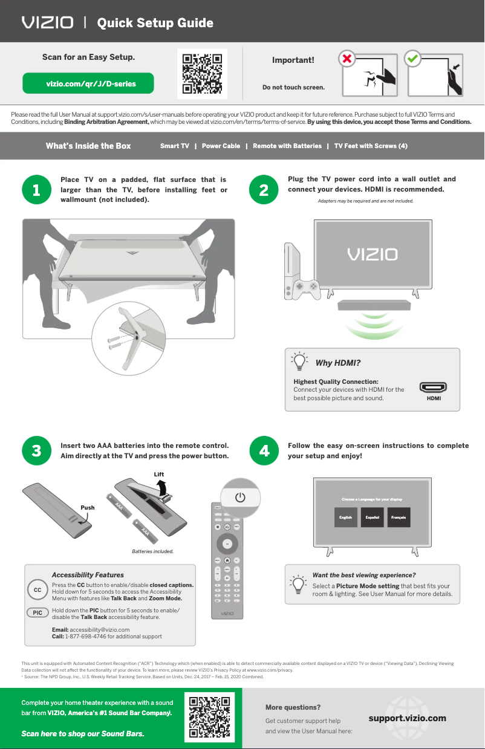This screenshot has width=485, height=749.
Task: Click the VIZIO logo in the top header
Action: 48,23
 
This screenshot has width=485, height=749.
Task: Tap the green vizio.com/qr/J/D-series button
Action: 88,83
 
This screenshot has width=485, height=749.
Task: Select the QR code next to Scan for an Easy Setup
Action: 202,74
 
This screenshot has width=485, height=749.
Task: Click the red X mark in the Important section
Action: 347,60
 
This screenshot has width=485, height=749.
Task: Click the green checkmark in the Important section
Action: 413,60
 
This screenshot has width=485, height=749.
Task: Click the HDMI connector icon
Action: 433,387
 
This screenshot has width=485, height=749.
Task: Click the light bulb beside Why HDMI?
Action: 299,362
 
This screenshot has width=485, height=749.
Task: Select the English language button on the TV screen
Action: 345,517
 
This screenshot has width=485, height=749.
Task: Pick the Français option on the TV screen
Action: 399,517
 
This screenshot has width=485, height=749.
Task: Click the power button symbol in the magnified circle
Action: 241,497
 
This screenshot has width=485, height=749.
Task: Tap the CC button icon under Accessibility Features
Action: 37,589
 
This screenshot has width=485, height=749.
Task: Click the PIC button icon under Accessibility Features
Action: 37,612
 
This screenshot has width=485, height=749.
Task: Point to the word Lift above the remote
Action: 158,474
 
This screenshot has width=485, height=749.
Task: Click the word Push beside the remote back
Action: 87,508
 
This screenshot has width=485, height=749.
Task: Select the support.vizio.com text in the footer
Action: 407,718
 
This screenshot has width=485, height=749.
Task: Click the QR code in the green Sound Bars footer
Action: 209,718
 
